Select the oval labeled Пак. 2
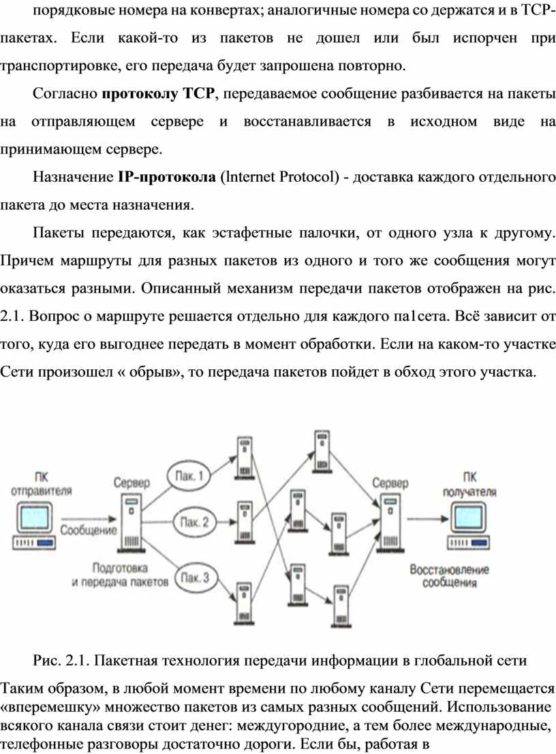(x=194, y=523)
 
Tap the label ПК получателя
(x=470, y=482)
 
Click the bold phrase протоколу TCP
(x=158, y=94)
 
